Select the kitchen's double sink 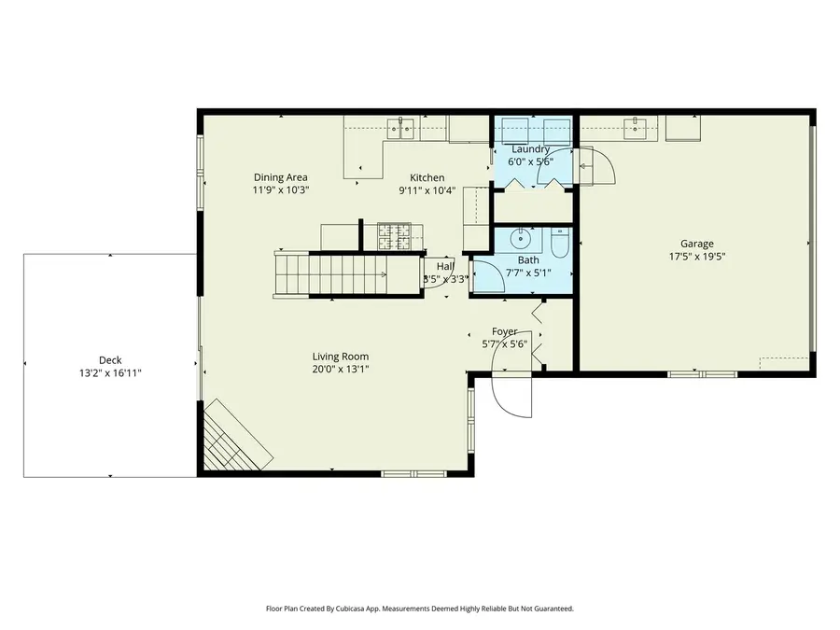(x=404, y=126)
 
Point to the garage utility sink (x=638, y=126)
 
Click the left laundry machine (x=511, y=128)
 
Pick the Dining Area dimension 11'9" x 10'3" (x=280, y=189)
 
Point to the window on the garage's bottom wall (x=702, y=374)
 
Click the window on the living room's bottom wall (x=414, y=474)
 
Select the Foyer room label (x=505, y=331)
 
